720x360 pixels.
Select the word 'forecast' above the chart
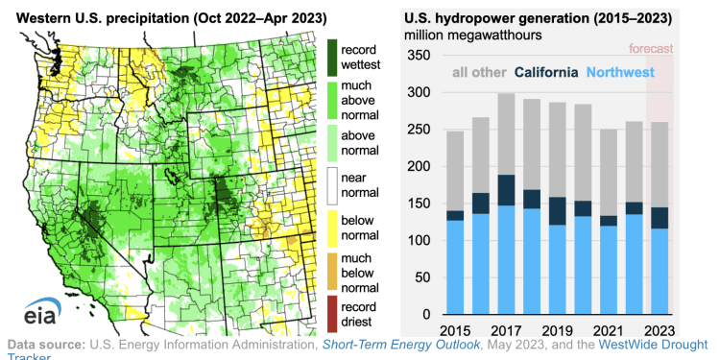(652, 49)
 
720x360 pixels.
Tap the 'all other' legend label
(479, 72)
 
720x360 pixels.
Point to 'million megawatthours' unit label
(472, 35)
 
